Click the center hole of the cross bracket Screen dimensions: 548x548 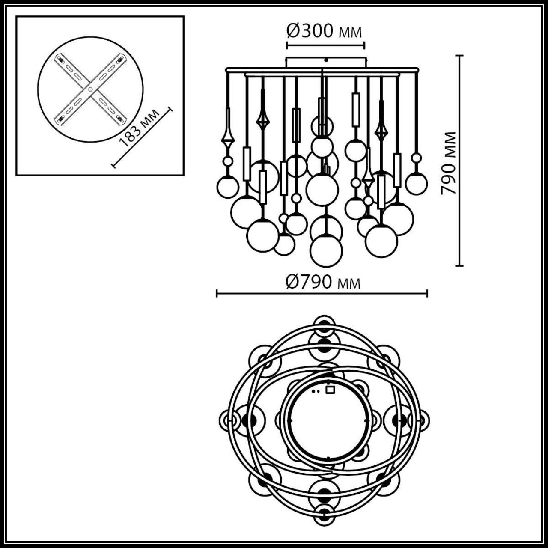tap(90, 90)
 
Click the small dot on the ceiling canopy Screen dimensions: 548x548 tap(326, 60)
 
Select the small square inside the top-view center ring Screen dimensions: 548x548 tap(330, 390)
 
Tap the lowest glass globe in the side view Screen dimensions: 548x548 tap(326, 251)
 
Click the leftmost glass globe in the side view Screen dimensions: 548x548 tap(227, 187)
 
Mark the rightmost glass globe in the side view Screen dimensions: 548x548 tap(416, 183)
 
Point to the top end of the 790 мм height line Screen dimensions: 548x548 tap(460, 56)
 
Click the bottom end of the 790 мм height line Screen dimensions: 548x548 tap(460, 265)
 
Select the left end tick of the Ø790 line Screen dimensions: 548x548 tap(217, 293)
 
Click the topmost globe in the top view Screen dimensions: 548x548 tap(324, 323)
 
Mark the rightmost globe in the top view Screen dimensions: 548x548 tap(421, 420)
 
